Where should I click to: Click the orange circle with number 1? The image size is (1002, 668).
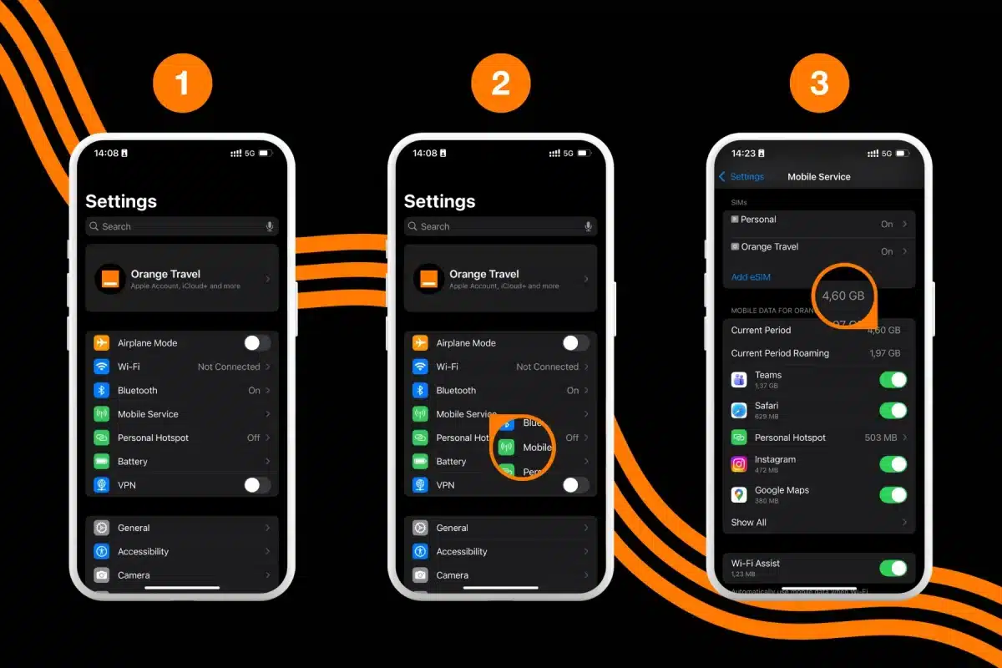[x=182, y=83]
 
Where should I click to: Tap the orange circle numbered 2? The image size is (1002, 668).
[x=501, y=83]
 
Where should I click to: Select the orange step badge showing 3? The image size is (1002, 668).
[x=819, y=83]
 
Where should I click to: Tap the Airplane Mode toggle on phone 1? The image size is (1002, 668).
[x=256, y=342]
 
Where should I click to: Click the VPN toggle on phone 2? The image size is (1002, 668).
[x=575, y=484]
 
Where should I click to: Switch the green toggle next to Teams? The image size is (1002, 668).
[x=893, y=380]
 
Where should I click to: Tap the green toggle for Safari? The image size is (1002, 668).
[x=893, y=410]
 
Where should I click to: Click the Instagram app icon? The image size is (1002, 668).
[x=739, y=464]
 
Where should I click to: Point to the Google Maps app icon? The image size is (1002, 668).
[x=739, y=494]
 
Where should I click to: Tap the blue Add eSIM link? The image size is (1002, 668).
[x=751, y=277]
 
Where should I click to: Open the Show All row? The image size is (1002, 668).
[x=749, y=523]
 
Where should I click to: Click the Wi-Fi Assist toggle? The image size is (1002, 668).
[x=893, y=568]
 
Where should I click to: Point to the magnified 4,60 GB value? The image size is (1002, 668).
[x=843, y=296]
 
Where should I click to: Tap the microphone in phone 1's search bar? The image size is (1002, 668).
[x=269, y=226]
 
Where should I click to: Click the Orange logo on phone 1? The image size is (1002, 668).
[x=109, y=278]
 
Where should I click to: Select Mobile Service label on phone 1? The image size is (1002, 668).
[x=148, y=414]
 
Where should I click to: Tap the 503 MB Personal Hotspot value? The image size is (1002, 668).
[x=880, y=438]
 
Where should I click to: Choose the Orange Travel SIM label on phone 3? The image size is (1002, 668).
[x=769, y=247]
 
